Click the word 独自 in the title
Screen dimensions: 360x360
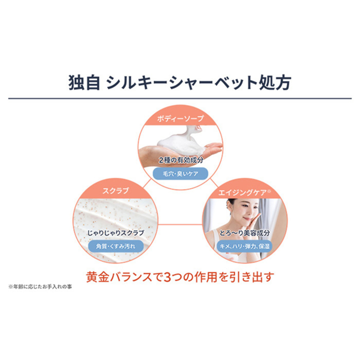(84, 82)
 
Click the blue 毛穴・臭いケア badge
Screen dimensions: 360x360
(180, 174)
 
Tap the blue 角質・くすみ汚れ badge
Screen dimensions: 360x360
(115, 247)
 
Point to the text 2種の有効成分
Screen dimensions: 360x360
(181, 160)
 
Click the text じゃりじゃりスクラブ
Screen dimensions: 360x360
(115, 233)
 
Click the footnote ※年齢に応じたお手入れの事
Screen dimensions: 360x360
(40, 286)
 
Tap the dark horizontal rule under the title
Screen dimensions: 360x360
(180, 98)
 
